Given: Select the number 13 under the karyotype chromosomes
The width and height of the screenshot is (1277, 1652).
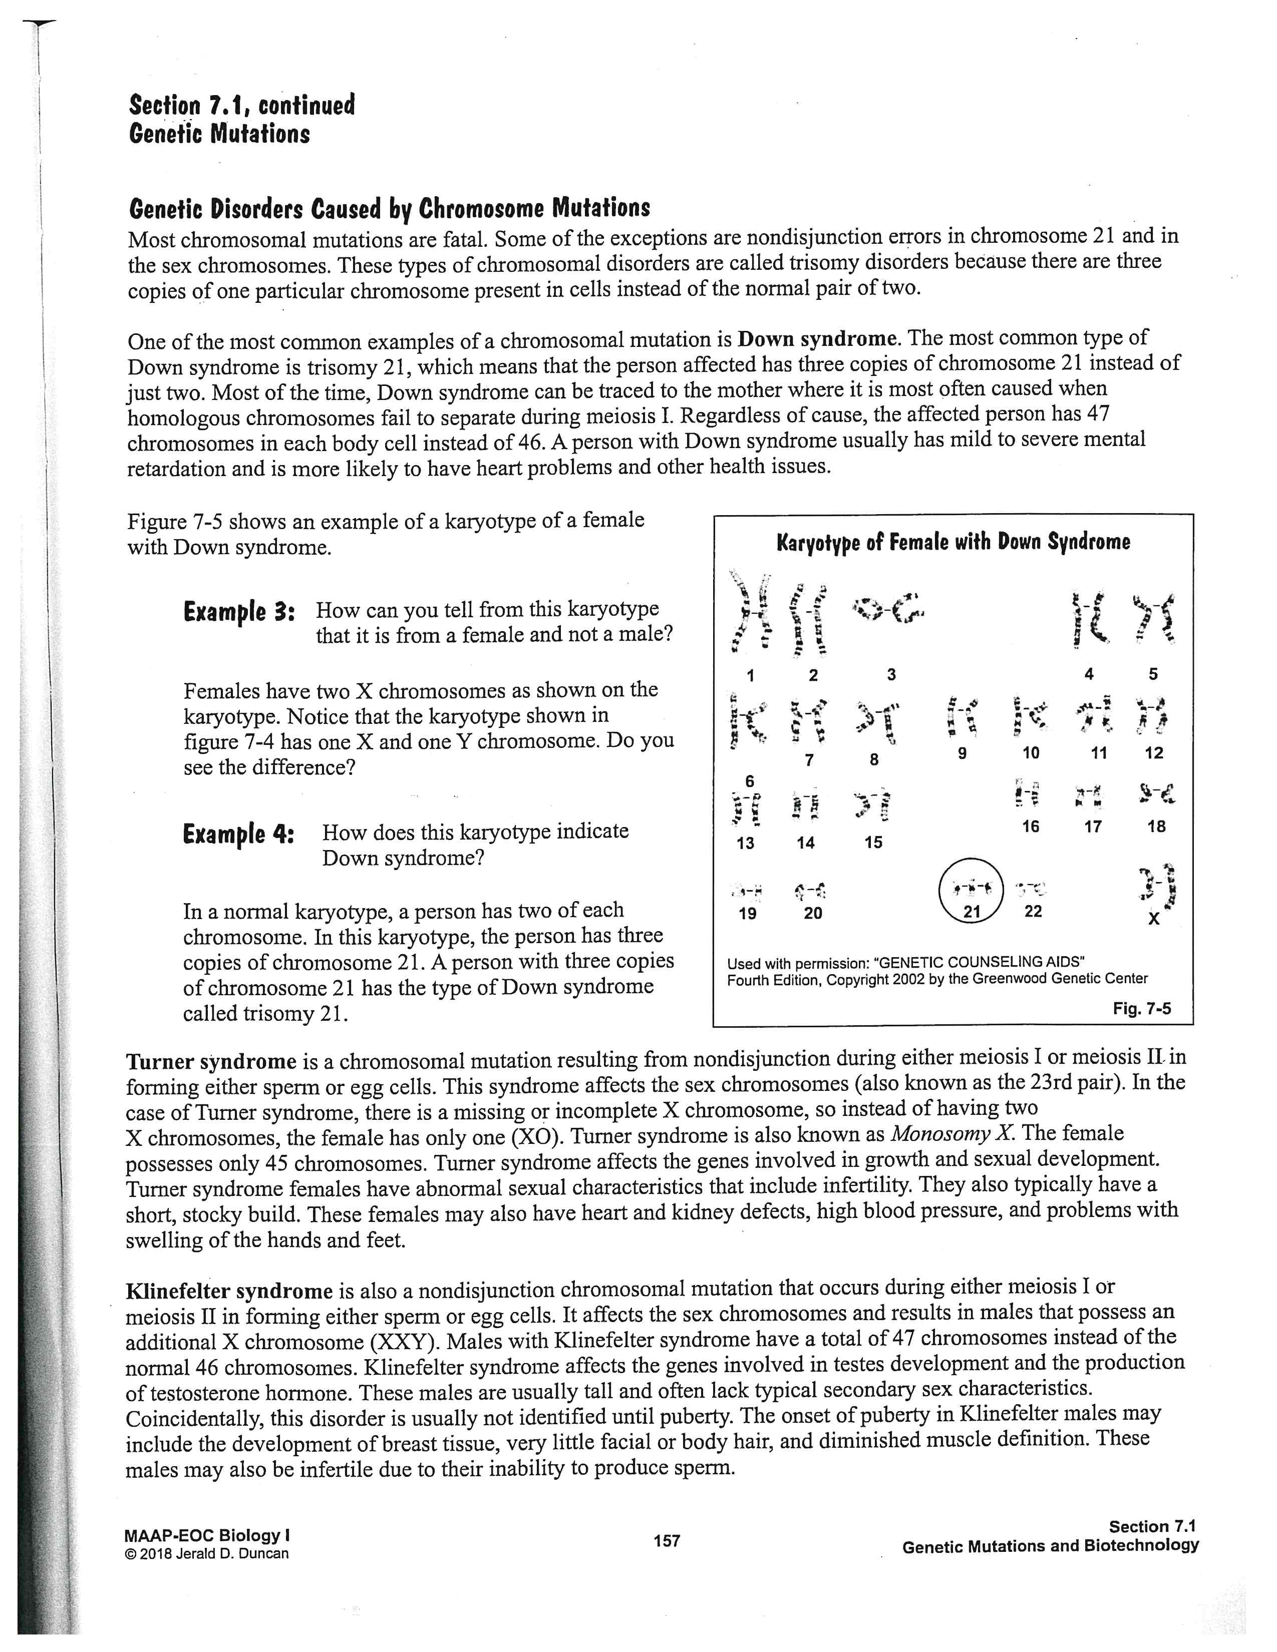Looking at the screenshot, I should (745, 843).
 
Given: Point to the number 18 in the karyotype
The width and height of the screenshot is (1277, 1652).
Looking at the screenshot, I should (1156, 826).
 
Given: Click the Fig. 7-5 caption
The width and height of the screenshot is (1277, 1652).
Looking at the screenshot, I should (1142, 1008).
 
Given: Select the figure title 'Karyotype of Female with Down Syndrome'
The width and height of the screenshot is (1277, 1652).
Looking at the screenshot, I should (953, 542).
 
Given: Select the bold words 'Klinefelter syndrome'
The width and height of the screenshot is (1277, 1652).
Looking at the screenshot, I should (229, 1291).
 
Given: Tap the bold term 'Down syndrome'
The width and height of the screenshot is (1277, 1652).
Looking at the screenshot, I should (817, 337).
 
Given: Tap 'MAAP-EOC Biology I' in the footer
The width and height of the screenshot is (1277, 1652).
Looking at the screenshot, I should (207, 1535).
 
